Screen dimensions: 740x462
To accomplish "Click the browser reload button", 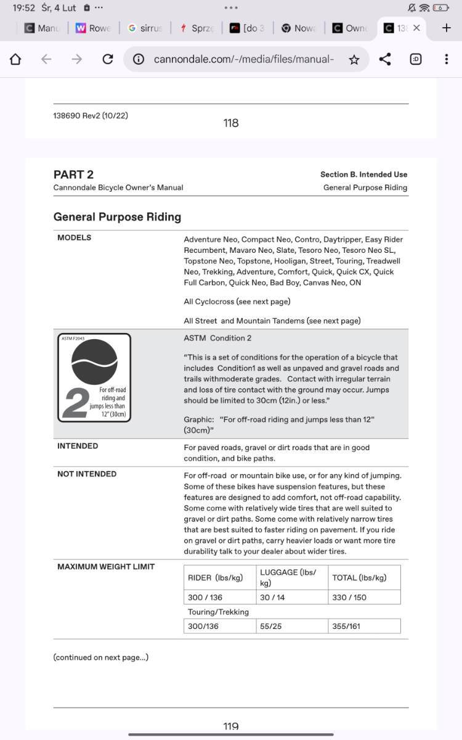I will (x=108, y=59).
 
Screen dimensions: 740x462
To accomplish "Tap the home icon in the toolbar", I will (x=15, y=59).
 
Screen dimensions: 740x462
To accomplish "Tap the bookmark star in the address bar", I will (x=354, y=59).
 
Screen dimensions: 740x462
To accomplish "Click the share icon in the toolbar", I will (x=385, y=59).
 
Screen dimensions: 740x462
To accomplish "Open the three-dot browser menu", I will (x=446, y=59).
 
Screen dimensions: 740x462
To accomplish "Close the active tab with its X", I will (x=416, y=28).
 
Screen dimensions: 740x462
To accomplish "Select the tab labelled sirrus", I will (x=145, y=28).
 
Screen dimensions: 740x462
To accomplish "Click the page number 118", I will (x=231, y=123).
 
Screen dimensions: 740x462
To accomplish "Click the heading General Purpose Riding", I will (x=117, y=217).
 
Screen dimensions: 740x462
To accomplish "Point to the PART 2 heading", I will (x=73, y=175).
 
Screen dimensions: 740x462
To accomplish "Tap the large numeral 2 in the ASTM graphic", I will (x=76, y=403).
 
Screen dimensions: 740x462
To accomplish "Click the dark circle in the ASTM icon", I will (x=94, y=362).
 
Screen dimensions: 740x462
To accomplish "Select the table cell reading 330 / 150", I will (x=349, y=598).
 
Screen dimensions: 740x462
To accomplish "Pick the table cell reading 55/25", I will (x=271, y=626).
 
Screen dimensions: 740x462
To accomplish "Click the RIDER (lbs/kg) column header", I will (x=216, y=578).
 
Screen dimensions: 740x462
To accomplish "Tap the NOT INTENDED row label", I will (x=87, y=474).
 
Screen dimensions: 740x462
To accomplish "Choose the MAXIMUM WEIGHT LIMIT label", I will (x=106, y=567).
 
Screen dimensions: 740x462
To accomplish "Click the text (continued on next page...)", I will (x=100, y=657).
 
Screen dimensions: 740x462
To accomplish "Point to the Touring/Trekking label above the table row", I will (x=218, y=612).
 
